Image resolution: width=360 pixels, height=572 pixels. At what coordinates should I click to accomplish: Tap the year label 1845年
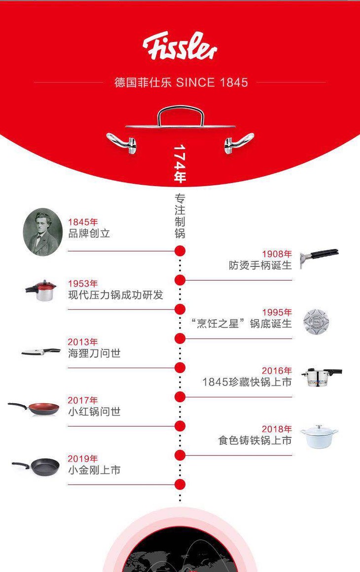coord(83,222)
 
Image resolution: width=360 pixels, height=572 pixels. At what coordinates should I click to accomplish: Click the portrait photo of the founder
coord(43,231)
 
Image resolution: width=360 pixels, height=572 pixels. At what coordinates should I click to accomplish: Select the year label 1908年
coord(277,254)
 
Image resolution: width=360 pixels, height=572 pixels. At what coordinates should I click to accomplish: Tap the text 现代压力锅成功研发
coord(115,295)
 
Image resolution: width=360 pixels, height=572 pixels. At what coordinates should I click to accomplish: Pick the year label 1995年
coord(277,312)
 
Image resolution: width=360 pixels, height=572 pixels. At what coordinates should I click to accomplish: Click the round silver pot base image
coord(316,322)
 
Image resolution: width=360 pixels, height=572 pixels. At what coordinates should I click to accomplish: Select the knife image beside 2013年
coord(40,352)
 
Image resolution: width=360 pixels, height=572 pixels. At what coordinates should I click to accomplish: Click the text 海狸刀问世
coord(94,353)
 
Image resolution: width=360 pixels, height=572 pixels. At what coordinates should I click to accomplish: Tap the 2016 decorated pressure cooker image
coord(321,376)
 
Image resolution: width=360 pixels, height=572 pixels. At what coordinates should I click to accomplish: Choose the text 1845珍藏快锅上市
coord(247,382)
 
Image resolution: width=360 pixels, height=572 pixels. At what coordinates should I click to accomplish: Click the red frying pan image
coord(34,408)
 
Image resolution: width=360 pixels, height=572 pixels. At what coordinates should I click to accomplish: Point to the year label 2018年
coord(277,429)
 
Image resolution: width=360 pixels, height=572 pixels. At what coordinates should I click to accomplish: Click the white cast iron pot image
coord(319,435)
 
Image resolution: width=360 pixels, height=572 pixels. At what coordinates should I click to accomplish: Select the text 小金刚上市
coord(94,470)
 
